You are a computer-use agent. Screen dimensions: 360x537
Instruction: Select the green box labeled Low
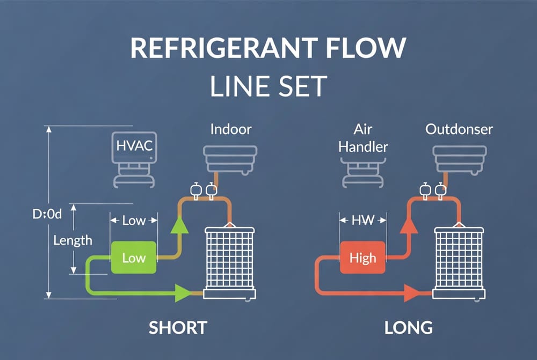click(134, 258)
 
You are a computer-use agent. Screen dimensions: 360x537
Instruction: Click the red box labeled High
click(362, 258)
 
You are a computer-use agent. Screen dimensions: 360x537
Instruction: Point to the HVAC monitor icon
click(134, 151)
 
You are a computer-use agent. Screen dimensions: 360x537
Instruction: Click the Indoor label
click(230, 129)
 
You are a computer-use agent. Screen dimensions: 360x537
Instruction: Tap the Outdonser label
click(459, 129)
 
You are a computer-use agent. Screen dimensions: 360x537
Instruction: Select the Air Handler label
click(363, 138)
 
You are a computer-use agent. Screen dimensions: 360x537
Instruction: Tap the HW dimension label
click(363, 219)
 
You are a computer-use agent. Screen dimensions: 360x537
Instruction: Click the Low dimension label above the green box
click(134, 220)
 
